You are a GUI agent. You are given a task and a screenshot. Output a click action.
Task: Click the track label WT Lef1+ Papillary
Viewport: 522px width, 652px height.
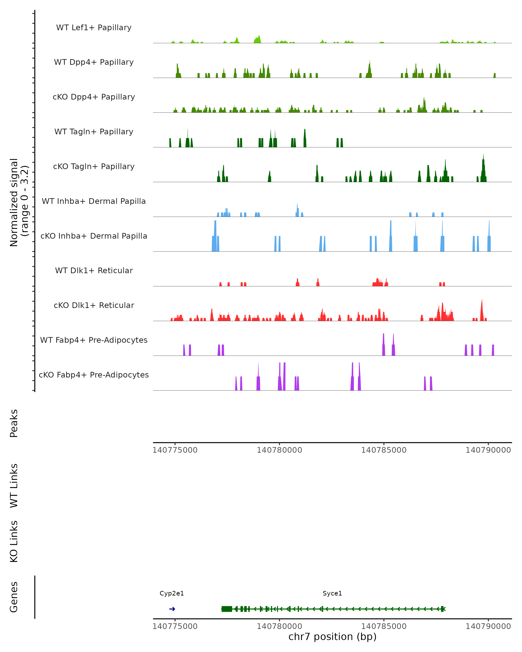click(x=94, y=28)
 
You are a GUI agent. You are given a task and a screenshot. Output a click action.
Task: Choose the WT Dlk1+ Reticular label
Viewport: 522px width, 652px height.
click(x=94, y=270)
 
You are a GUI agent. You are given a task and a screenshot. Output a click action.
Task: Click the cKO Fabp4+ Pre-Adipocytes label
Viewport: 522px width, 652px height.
click(x=94, y=375)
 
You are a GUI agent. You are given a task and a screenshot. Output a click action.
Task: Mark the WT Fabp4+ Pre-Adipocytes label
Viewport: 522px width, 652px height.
click(x=94, y=340)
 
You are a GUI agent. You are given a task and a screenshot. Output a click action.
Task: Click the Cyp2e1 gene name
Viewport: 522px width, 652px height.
click(x=172, y=593)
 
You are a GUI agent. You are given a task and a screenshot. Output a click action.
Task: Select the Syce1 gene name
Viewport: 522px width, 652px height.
click(x=332, y=593)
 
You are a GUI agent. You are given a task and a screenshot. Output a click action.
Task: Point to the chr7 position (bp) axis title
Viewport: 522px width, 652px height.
click(x=332, y=637)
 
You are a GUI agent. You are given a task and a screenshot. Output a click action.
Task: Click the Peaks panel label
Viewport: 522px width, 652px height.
click(x=14, y=423)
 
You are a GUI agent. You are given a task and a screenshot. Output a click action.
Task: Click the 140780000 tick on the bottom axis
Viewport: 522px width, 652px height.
click(x=279, y=626)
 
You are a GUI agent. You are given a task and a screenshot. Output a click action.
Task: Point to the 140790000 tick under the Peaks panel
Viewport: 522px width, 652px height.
click(x=488, y=450)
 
